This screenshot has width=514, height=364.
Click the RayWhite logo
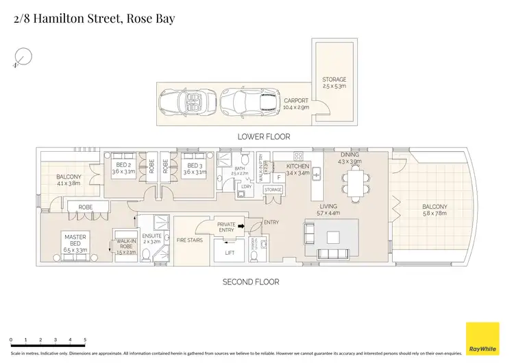482,339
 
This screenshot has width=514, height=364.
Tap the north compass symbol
23,58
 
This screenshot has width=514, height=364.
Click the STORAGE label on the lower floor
334,80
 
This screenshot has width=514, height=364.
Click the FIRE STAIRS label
189,240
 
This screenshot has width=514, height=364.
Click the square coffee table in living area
334,238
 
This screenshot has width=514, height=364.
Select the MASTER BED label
75,240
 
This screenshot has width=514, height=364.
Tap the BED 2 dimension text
124,172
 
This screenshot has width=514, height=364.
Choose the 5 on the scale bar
85,340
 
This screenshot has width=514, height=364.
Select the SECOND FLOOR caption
250,282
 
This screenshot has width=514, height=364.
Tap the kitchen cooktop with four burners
298,156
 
